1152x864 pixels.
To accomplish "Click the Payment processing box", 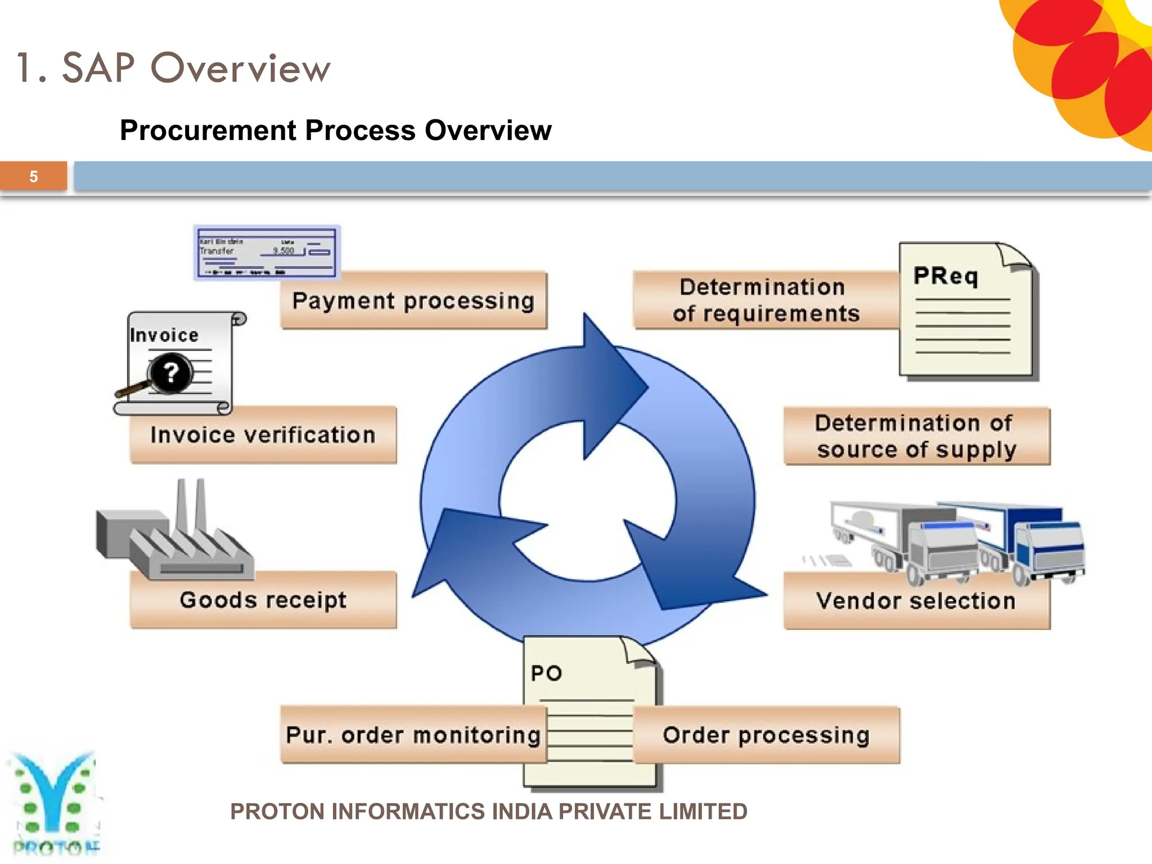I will tap(413, 301).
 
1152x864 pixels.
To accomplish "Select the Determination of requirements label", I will tap(766, 300).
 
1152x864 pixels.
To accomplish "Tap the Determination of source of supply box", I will tap(916, 436).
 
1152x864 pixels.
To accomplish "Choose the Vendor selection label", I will tap(916, 601).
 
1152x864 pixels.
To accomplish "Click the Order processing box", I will tap(766, 735).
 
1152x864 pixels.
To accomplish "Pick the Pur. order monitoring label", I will tap(413, 735).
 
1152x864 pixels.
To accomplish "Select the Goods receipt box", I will tap(263, 600).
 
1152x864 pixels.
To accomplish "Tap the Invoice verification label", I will tap(263, 435).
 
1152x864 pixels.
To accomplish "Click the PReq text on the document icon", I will tap(946, 276).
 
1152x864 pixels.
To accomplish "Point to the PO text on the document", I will tap(546, 673).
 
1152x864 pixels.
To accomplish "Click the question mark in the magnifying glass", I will tap(170, 372).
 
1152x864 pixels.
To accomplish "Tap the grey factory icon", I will tap(174, 534).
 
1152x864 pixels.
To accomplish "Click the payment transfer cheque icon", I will tap(267, 253).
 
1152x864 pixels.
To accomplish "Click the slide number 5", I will tap(34, 177).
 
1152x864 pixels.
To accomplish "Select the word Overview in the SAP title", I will tap(240, 68).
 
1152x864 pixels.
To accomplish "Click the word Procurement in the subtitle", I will tap(208, 130).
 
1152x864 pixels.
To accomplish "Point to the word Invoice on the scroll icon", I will tap(164, 335).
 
